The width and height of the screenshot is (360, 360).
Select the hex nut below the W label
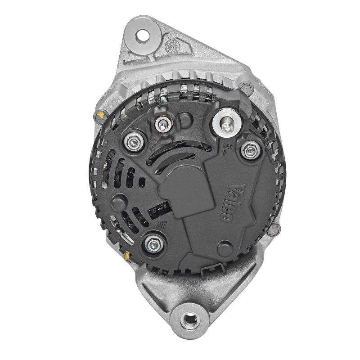click(x=153, y=245)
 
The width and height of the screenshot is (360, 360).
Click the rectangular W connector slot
click(x=161, y=208)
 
